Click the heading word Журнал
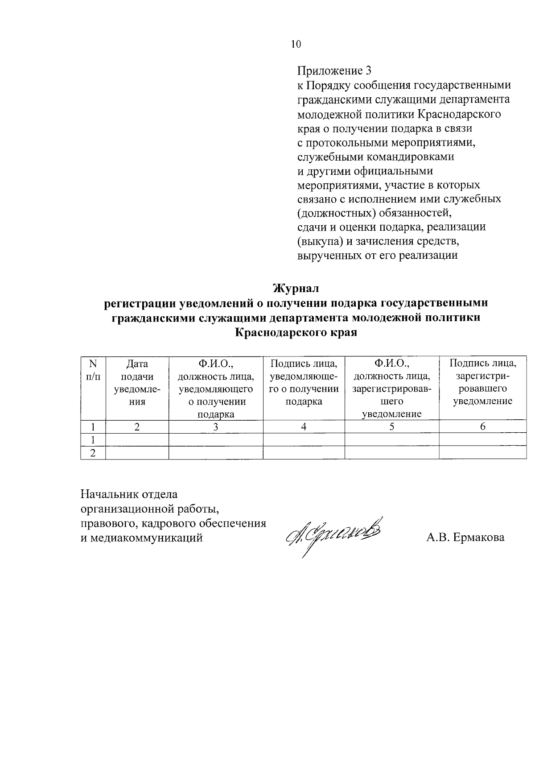click(x=296, y=288)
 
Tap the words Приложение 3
click(x=334, y=71)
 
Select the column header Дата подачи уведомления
click(x=137, y=383)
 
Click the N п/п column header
click(x=93, y=370)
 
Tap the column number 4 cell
click(x=304, y=427)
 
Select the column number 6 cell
click(x=482, y=427)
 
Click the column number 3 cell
click(x=215, y=427)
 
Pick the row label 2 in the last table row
click(x=93, y=453)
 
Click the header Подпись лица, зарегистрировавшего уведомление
click(x=482, y=383)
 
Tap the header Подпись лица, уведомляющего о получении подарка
click(x=304, y=383)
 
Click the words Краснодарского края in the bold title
click(x=296, y=333)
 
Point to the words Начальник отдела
click(x=129, y=494)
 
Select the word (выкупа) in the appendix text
click(x=320, y=241)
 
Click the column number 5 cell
click(x=391, y=427)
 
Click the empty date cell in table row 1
click(x=137, y=440)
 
